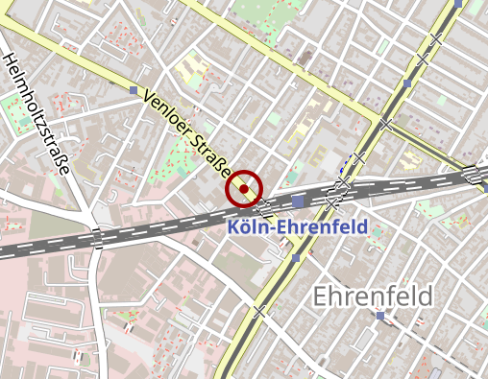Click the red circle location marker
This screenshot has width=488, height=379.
244,189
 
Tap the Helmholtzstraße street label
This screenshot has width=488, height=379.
37,114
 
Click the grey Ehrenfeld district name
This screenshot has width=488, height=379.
372,296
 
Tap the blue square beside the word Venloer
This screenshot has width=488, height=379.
133,90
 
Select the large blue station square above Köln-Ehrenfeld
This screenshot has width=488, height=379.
298,201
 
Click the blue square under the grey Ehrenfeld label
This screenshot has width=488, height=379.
380,316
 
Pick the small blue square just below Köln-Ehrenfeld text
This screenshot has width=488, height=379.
296,258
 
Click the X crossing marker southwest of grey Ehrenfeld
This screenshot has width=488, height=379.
257,311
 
